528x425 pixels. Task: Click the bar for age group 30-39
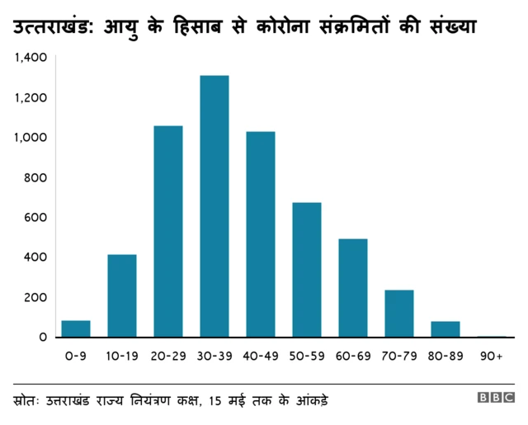214,206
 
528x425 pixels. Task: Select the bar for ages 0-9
76,328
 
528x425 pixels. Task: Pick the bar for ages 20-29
168,231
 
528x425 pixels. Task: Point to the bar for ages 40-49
261,234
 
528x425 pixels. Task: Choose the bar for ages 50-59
307,270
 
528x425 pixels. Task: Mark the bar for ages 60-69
353,288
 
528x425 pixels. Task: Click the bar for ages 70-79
399,314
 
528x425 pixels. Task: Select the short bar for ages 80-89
445,329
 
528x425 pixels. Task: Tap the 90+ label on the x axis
492,356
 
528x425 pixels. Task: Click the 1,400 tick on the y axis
31,58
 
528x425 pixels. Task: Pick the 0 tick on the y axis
43,337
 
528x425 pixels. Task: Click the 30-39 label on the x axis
214,356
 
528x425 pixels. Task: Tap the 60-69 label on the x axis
353,356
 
